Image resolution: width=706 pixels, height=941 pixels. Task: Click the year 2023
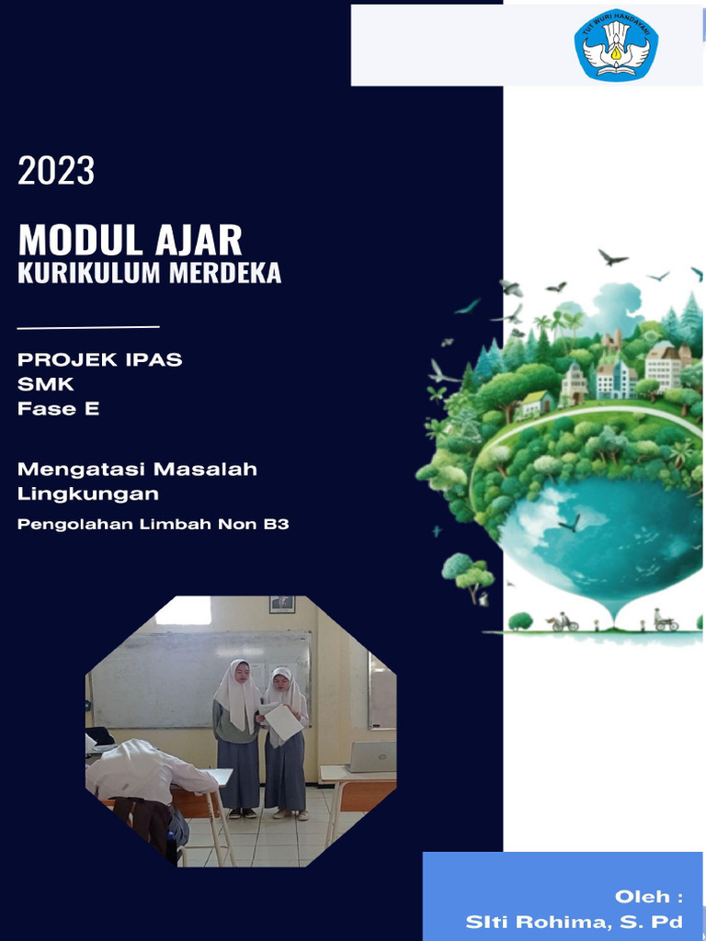point(56,171)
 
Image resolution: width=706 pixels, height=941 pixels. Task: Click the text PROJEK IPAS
point(99,359)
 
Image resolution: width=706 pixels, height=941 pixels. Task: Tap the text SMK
point(46,384)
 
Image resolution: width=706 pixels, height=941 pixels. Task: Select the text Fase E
point(58,409)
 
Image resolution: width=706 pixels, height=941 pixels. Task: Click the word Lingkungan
point(87,493)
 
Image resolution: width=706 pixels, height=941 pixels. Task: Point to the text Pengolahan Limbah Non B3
point(153,526)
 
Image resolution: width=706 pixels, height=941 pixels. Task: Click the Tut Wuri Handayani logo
point(616,44)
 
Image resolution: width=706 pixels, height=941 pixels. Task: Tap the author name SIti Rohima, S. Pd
point(574,922)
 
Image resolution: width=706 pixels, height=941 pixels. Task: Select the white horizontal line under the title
point(88,326)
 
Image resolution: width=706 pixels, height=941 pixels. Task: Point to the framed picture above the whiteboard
point(282,604)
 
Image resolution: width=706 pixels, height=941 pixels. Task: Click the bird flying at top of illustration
point(612,257)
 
